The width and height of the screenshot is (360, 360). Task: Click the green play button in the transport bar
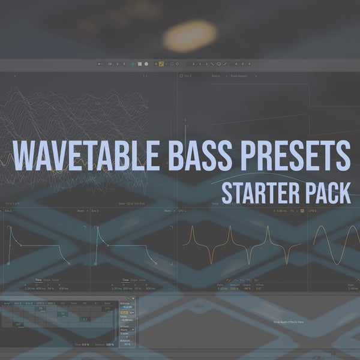tap(133, 64)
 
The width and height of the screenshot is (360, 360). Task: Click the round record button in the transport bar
tap(146, 64)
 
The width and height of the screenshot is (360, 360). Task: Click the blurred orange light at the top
tap(190, 35)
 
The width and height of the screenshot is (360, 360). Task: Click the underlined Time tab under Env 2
tap(38, 280)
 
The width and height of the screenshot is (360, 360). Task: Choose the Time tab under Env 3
tap(125, 280)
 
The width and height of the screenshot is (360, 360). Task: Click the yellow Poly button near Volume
tap(124, 313)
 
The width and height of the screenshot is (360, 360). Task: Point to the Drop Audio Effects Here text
tap(289, 322)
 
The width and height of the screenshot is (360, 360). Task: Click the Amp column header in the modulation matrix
tap(7, 303)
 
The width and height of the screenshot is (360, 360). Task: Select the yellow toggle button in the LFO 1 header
tap(302, 211)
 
